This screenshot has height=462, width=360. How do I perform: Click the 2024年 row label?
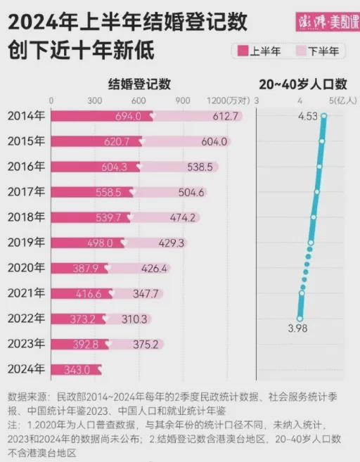click(x=26, y=369)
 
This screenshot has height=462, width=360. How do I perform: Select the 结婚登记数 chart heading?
click(x=139, y=84)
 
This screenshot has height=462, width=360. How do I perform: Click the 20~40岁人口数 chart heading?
click(x=303, y=84)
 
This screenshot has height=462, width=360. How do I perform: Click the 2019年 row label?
click(x=26, y=243)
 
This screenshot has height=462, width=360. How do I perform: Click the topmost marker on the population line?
click(x=324, y=117)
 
